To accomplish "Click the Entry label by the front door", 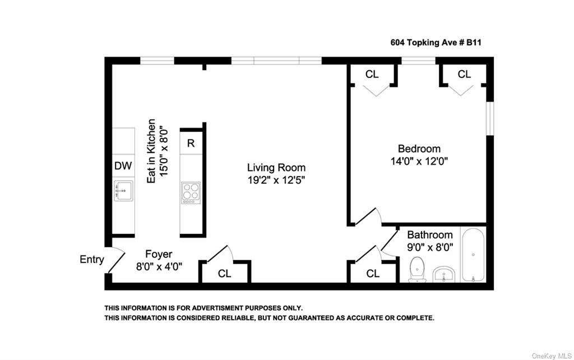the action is [x=92, y=259].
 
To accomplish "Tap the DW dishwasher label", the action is [x=123, y=166].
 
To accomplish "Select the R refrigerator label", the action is [x=191, y=143].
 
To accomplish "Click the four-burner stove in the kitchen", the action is [x=191, y=193].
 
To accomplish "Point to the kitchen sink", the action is [x=123, y=191].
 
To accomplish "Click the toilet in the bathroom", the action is [x=417, y=270].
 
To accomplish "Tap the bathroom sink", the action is [x=444, y=275].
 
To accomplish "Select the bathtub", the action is [x=473, y=255].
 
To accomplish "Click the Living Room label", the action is [x=276, y=168].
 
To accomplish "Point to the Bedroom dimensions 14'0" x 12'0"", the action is [x=419, y=161].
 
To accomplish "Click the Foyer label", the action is [x=159, y=254].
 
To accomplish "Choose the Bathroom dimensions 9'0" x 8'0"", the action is [x=430, y=247].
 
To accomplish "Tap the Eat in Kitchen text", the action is [x=151, y=151].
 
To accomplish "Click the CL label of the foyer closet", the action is [x=224, y=274].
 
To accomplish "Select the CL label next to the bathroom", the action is [x=373, y=274].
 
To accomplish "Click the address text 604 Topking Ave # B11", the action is [x=436, y=43].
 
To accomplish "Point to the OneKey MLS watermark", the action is [x=552, y=356].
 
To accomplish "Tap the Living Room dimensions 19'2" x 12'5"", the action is [x=276, y=180].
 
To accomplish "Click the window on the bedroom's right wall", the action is [x=490, y=119].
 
